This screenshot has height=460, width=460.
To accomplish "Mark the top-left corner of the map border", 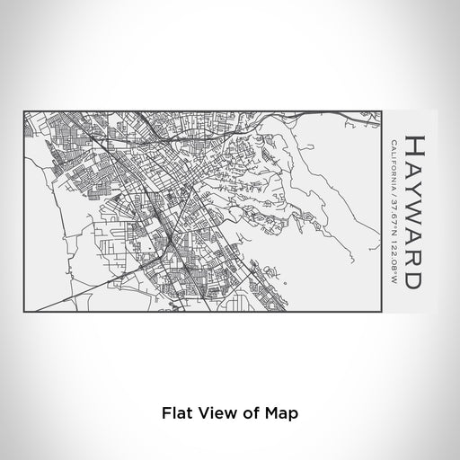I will (23, 112).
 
